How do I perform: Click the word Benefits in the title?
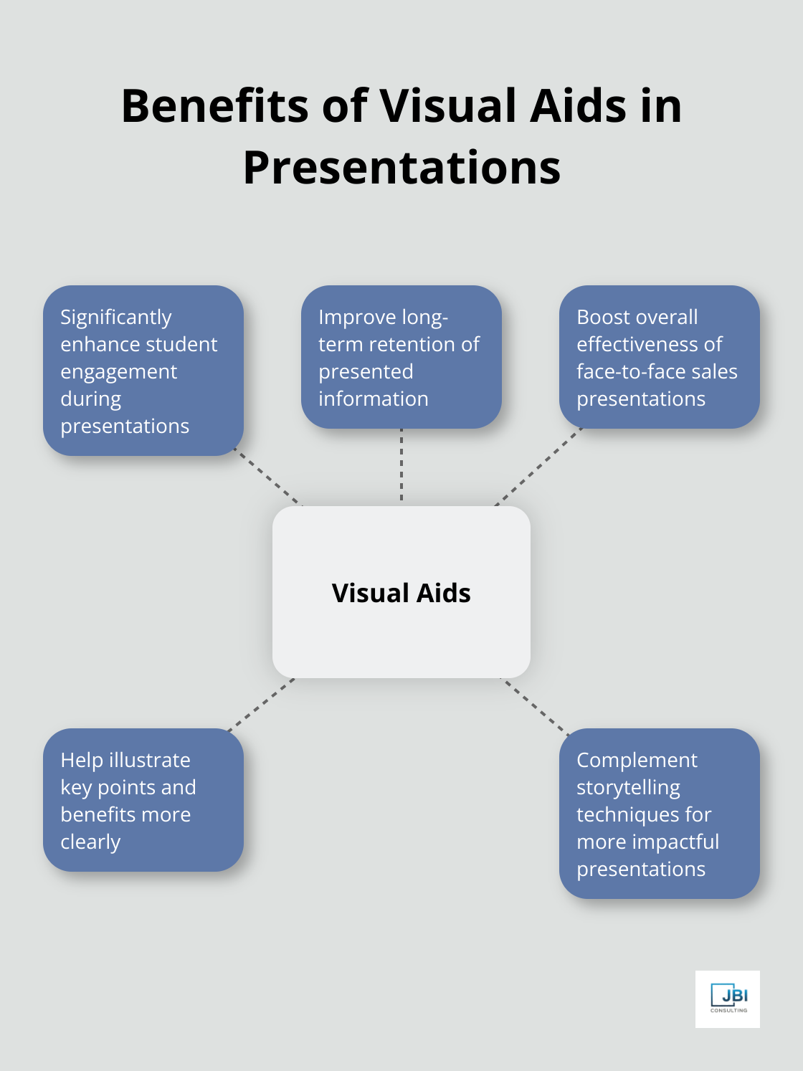coord(215,106)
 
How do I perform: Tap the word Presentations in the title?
coord(401,168)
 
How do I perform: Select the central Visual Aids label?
coord(401,593)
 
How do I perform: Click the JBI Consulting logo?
coord(727,999)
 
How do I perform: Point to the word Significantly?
coord(116,318)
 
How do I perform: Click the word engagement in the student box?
coord(118,372)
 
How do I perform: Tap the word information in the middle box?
coord(373,399)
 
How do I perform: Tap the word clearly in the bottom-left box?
coord(90,842)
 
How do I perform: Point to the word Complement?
coord(637,761)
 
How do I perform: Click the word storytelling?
coord(628,788)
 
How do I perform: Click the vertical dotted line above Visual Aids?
coord(401,466)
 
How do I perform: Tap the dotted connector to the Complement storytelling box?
coord(536,706)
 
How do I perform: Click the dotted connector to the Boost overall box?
coord(538,467)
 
